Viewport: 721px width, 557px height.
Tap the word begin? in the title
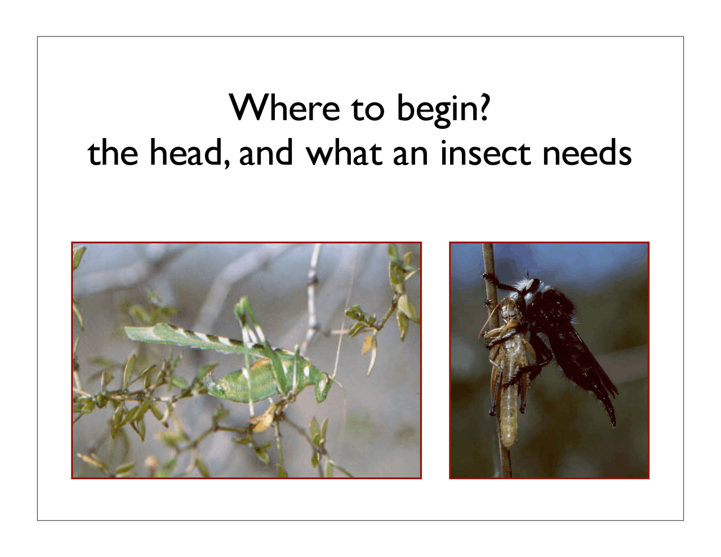pos(443,108)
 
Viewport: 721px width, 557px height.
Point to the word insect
pos(485,153)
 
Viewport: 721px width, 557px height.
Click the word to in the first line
pos(368,108)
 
